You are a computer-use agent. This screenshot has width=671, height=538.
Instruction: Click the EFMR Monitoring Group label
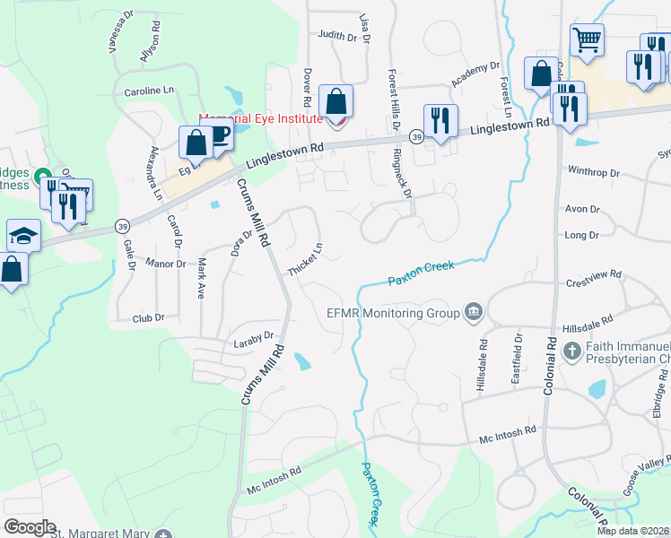[392, 313]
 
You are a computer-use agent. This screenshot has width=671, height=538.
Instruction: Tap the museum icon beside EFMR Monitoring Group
[474, 313]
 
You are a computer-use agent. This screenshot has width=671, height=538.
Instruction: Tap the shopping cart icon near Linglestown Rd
[588, 39]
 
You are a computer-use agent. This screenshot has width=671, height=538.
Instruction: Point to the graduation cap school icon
[23, 235]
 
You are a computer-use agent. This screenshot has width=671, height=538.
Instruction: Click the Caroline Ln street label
[148, 91]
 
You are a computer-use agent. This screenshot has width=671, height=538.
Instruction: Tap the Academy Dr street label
[475, 75]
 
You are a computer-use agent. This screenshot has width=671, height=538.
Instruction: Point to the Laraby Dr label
[255, 338]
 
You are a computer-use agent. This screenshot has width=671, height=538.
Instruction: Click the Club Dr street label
[149, 317]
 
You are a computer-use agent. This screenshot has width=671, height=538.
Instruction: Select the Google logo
[30, 527]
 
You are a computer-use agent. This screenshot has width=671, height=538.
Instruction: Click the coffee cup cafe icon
[218, 135]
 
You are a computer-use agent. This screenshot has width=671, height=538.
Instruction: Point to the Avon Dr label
[582, 209]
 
